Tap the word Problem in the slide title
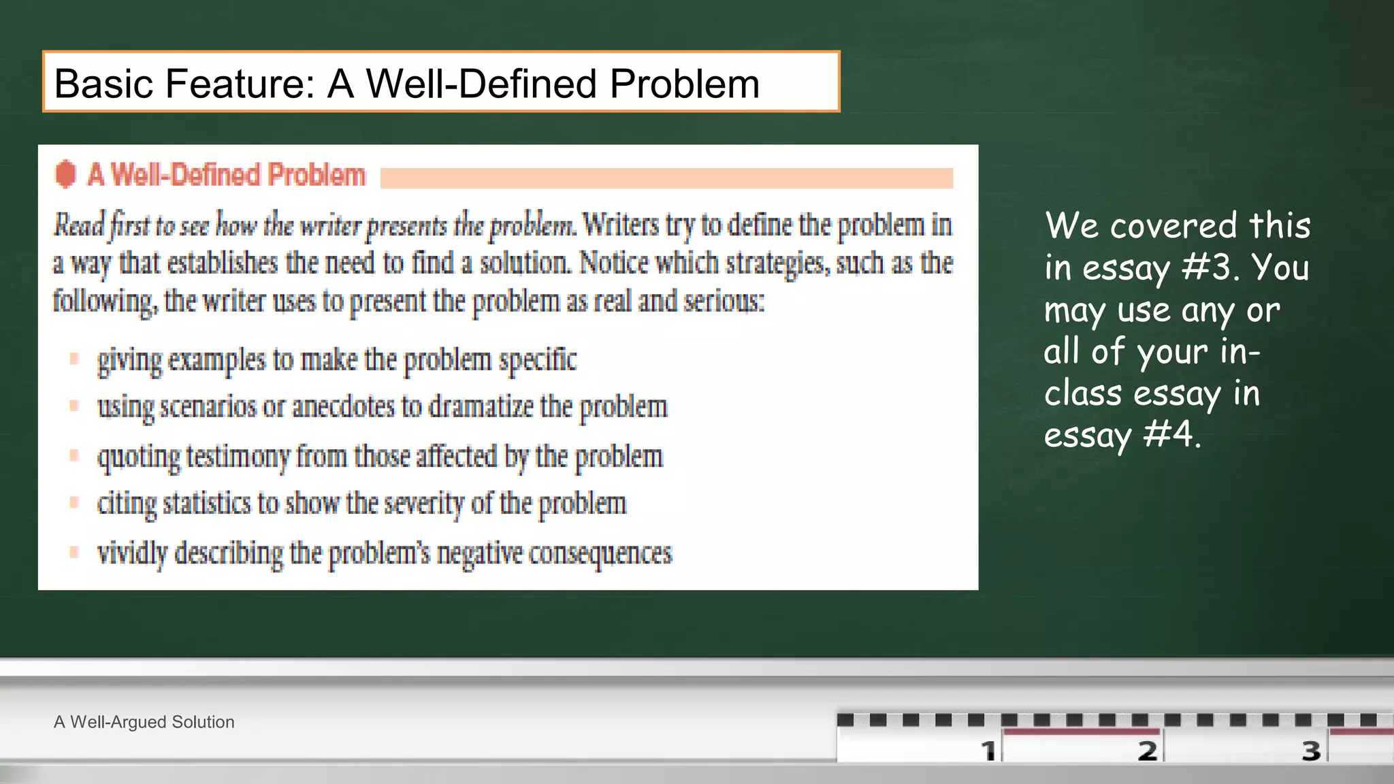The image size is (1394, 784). pos(684,84)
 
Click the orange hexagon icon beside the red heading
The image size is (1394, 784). pos(65,174)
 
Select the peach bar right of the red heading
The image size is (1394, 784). pos(666,178)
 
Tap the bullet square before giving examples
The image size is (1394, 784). pos(74,358)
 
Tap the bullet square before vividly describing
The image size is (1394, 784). pos(74,551)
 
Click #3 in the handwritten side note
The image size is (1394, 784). pos(1207,267)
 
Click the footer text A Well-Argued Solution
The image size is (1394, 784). pos(144,722)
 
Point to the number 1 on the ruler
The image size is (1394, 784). pos(988,751)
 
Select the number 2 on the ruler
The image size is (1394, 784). pos(1148,751)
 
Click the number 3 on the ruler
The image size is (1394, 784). pos(1311,751)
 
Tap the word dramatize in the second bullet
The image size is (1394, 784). pos(481,407)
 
